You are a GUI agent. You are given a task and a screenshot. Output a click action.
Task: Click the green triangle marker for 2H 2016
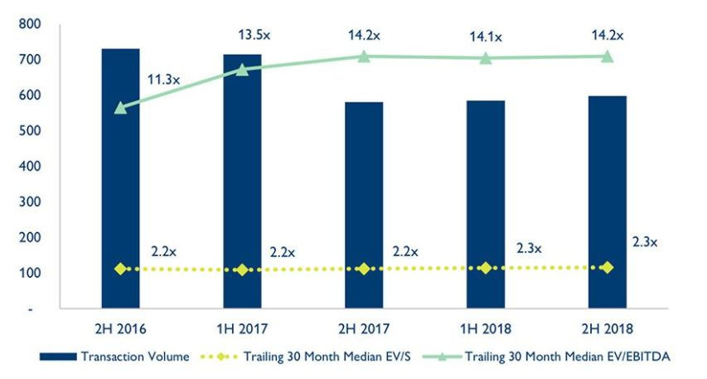[120, 108]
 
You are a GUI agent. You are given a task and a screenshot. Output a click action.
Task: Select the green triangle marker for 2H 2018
[607, 56]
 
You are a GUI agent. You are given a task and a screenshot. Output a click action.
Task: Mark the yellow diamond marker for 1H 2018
[485, 268]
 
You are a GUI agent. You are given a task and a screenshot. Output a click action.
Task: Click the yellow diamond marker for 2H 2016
[120, 269]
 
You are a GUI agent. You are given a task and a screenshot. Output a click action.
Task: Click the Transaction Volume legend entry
[116, 357]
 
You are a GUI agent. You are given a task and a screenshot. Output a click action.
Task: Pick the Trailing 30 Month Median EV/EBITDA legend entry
[551, 357]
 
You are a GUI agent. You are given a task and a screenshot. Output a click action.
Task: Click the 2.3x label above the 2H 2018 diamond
[644, 242]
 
